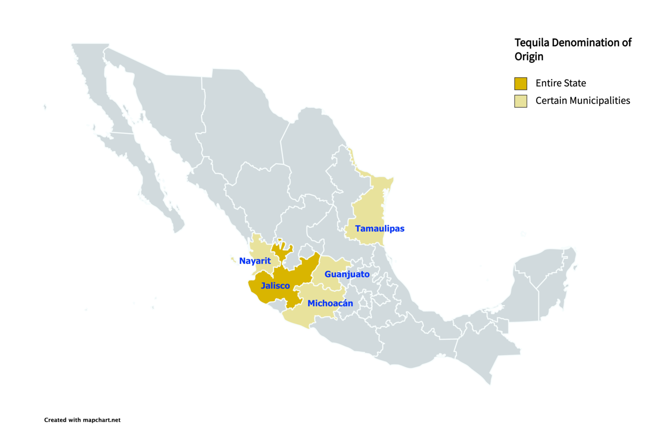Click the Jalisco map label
point(275,286)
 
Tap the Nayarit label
point(255,261)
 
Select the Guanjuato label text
point(347,274)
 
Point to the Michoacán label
point(330,303)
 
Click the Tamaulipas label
point(380,229)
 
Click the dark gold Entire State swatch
point(520,84)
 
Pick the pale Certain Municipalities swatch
point(520,101)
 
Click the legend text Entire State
point(561,83)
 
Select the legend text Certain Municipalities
point(583,101)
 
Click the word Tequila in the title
point(532,43)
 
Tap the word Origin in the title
point(529,57)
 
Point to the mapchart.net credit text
point(102,420)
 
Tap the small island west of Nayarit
point(233,260)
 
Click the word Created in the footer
point(55,420)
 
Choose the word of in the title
point(626,43)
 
